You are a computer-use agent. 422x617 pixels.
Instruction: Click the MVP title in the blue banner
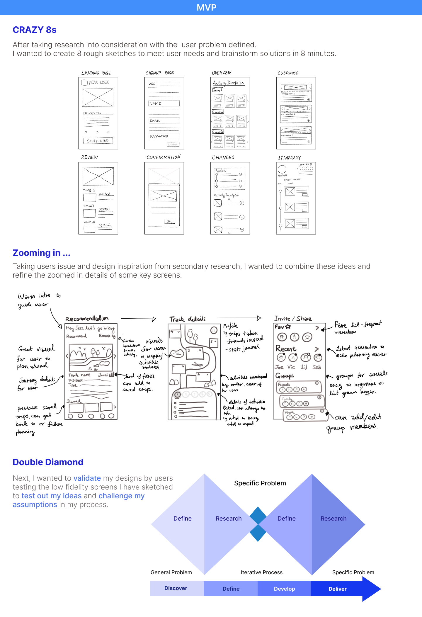[x=207, y=7]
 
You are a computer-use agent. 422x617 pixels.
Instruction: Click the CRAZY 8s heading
[x=35, y=30]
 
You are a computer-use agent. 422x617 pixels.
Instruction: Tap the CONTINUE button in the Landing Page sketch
[x=98, y=141]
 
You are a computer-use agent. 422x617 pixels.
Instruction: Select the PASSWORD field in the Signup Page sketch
[x=164, y=136]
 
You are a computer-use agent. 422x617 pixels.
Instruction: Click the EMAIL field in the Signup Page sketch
[x=164, y=120]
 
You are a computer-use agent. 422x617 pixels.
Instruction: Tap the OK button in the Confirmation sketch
[x=169, y=221]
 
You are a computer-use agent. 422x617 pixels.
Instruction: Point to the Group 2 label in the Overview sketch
[x=218, y=112]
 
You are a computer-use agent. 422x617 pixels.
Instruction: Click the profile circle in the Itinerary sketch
[x=282, y=169]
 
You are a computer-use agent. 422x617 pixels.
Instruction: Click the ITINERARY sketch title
[x=290, y=158]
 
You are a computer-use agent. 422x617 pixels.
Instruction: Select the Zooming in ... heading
[x=42, y=253]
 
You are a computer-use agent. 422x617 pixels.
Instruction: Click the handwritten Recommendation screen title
[x=87, y=319]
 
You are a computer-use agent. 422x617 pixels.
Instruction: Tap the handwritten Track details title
[x=188, y=319]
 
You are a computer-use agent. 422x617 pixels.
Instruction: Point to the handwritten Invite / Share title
[x=293, y=319]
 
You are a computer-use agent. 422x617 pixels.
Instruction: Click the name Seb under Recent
[x=317, y=367]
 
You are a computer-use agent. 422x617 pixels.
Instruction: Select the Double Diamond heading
[x=48, y=462]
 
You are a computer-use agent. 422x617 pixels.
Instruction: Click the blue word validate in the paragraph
[x=87, y=478]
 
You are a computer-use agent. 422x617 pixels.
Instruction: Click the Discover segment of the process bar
[x=176, y=588]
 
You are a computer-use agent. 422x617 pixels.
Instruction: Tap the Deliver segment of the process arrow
[x=338, y=589]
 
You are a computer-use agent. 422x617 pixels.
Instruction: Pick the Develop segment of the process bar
[x=284, y=589]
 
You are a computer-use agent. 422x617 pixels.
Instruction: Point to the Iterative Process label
[x=262, y=572]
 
